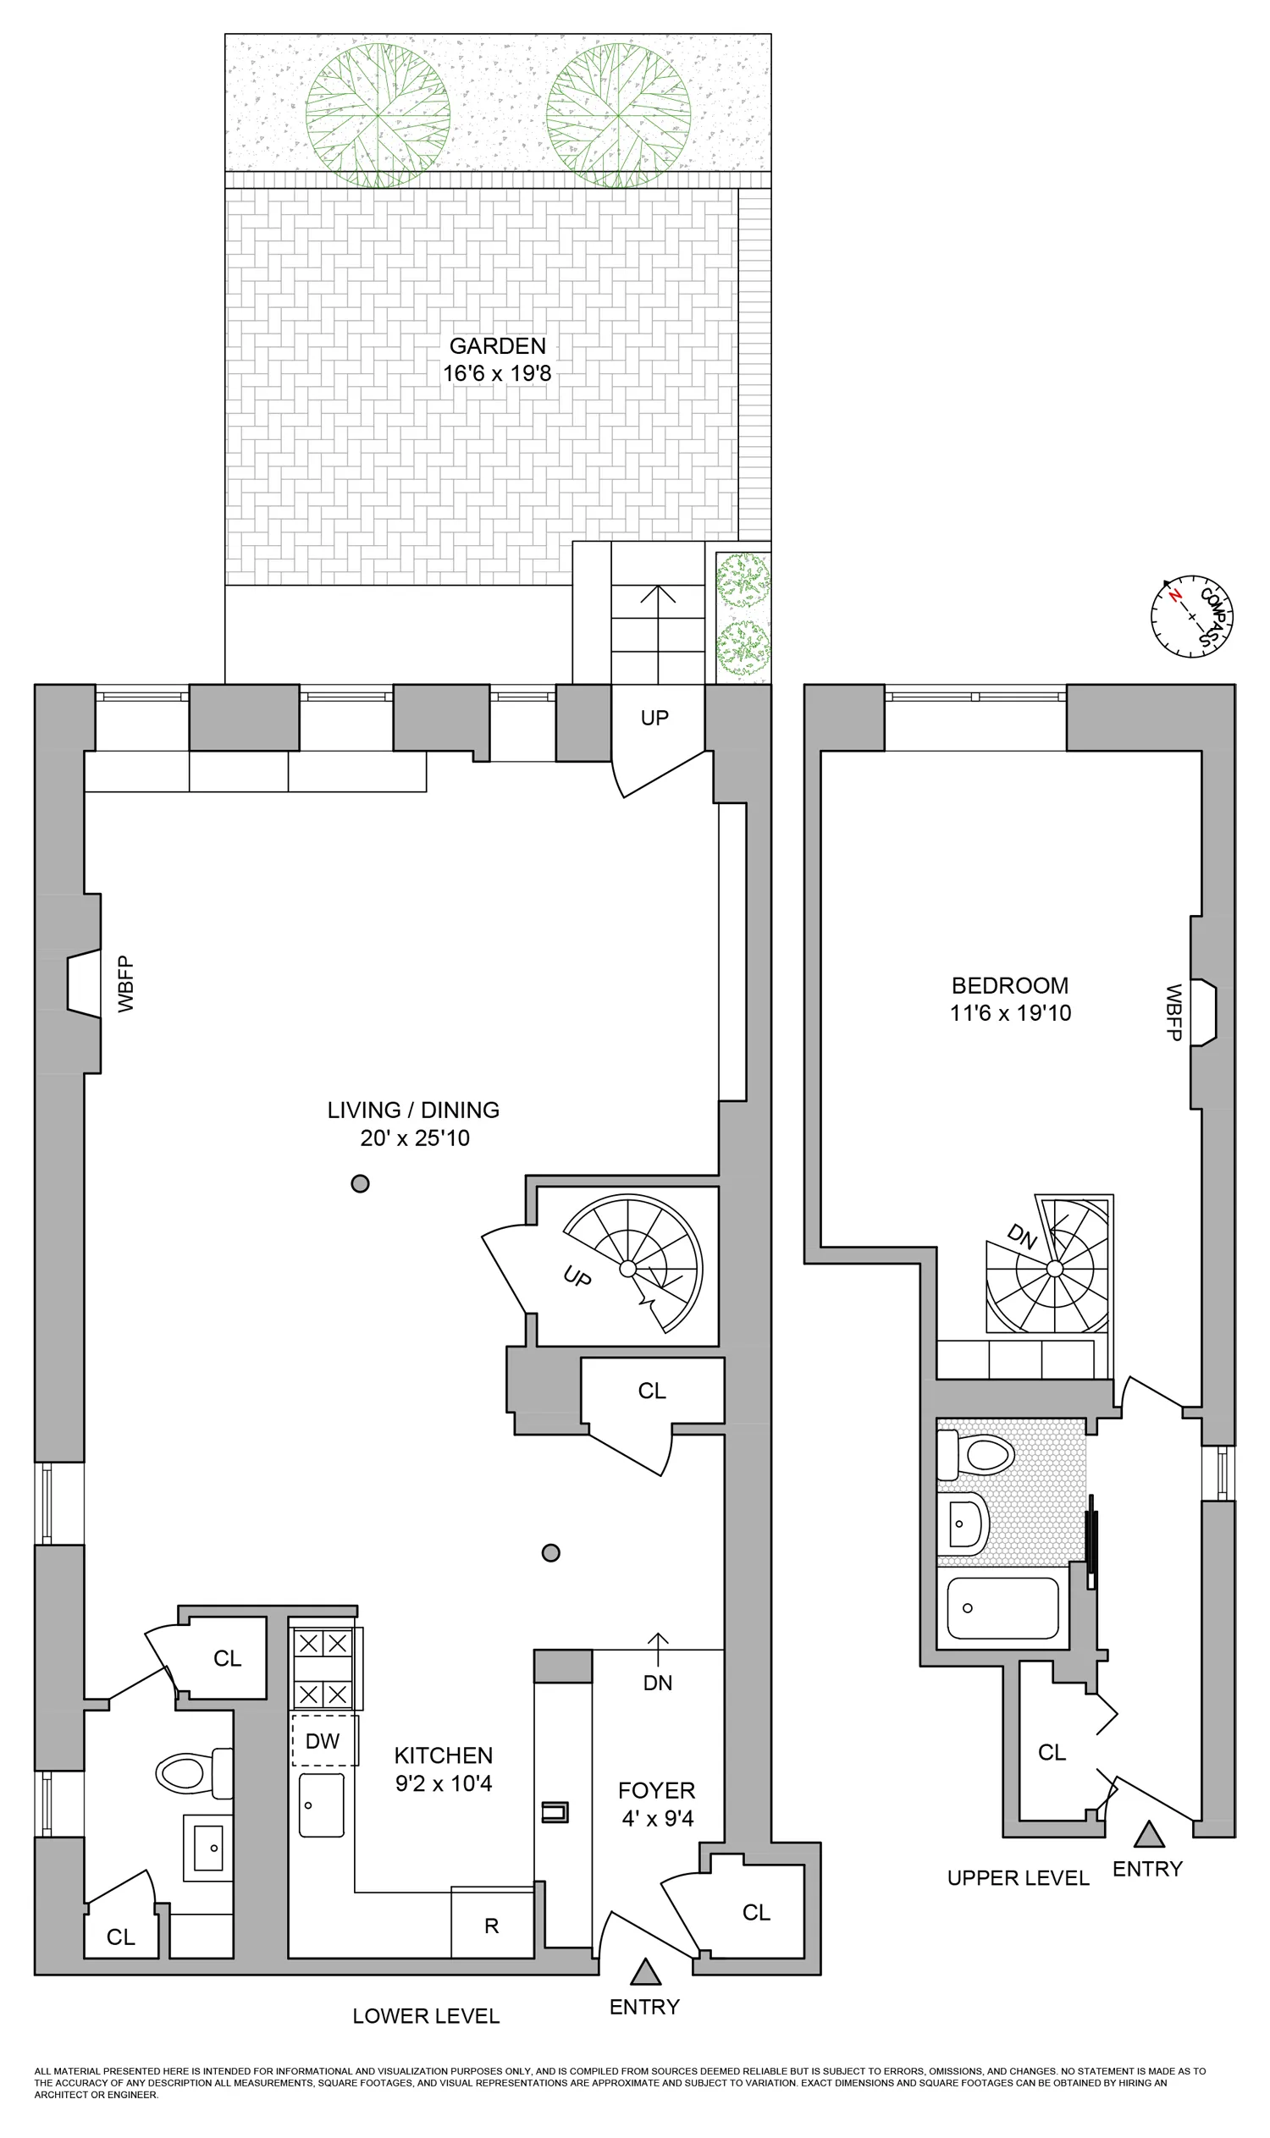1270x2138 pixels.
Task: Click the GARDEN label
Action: [x=497, y=345]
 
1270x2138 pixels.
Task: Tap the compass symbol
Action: [x=1191, y=616]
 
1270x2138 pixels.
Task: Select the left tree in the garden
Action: [x=378, y=115]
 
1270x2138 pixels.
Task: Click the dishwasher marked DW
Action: [x=324, y=1740]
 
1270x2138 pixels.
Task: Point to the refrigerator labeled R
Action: [x=491, y=1925]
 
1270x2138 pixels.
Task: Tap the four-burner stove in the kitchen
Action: [x=323, y=1668]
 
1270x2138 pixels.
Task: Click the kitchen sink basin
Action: [x=321, y=1805]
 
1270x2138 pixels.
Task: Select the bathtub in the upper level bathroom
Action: [x=1002, y=1608]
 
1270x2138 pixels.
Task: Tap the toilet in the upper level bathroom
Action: [x=976, y=1453]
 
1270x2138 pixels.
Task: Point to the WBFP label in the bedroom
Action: [x=1173, y=1012]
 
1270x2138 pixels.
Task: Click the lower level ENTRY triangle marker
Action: [x=645, y=1972]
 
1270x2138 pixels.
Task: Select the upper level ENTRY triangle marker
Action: [x=1148, y=1834]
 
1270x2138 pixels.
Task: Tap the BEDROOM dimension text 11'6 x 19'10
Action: [x=1010, y=1013]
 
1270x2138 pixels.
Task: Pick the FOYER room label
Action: [x=656, y=1790]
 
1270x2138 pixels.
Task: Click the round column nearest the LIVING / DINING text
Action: [x=361, y=1184]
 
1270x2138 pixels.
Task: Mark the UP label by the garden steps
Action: [x=654, y=718]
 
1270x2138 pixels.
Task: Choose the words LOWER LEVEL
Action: [x=426, y=2015]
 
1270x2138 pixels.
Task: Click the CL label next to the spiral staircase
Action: [x=652, y=1391]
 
